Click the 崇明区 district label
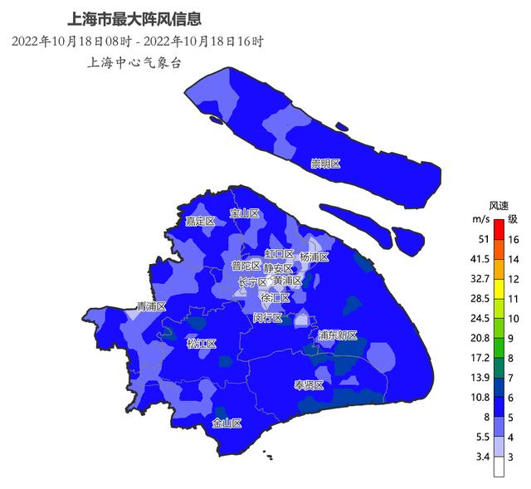pyautogui.click(x=326, y=164)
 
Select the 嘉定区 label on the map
pyautogui.click(x=200, y=221)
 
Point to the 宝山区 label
pyautogui.click(x=245, y=213)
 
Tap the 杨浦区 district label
pyautogui.click(x=314, y=257)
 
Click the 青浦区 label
pyautogui.click(x=152, y=306)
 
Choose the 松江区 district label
pyautogui.click(x=202, y=344)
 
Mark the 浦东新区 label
pyautogui.click(x=337, y=335)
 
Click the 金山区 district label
pyautogui.click(x=227, y=423)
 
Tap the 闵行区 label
pyautogui.click(x=267, y=318)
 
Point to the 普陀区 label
pyautogui.click(x=246, y=266)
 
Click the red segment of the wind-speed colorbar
pyautogui.click(x=499, y=229)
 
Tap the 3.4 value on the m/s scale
pyautogui.click(x=482, y=457)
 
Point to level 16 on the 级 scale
pyautogui.click(x=514, y=239)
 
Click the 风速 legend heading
pyautogui.click(x=499, y=205)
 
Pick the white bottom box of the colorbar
pyautogui.click(x=499, y=467)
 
